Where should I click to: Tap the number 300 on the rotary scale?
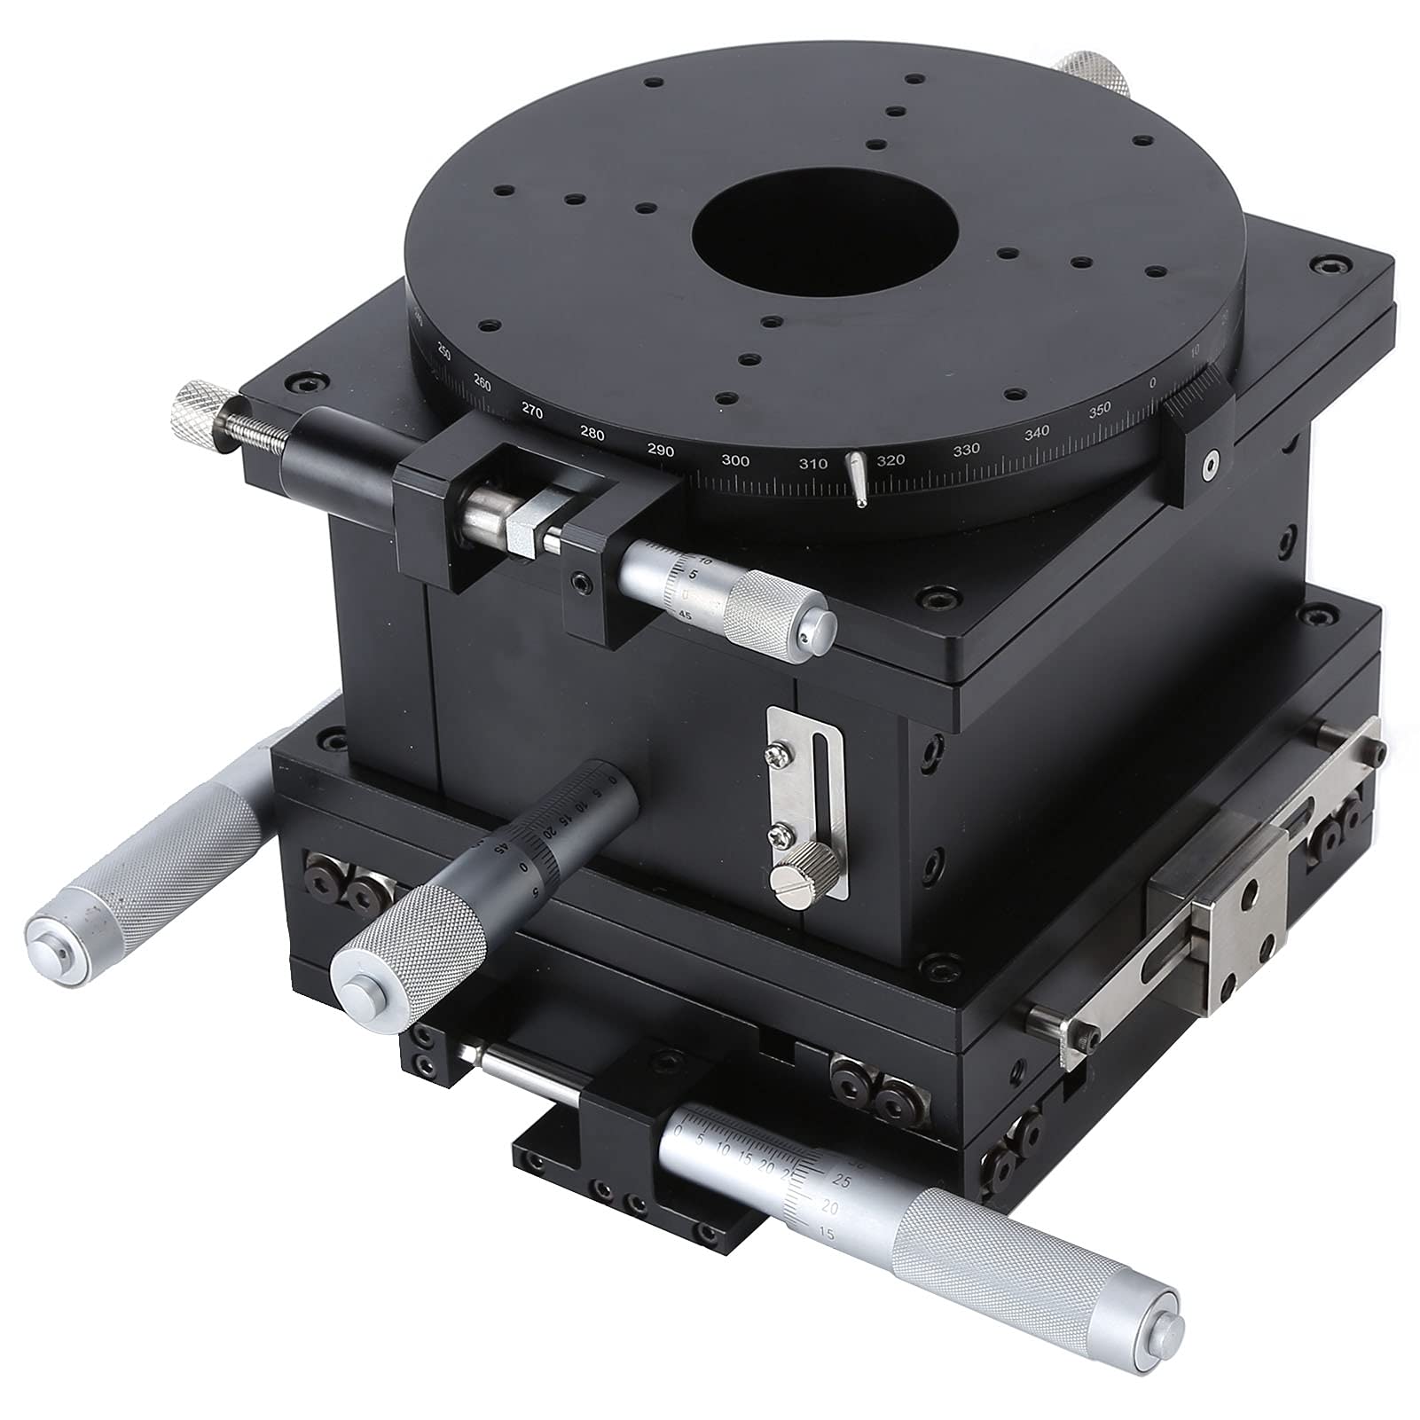[x=735, y=460]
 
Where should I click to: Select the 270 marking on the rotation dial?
[x=532, y=411]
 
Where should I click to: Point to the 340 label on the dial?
[x=1035, y=432]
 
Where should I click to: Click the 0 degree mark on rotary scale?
[x=1152, y=382]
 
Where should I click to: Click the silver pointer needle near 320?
[x=857, y=479]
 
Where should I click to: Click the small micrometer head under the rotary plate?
[x=727, y=603]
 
